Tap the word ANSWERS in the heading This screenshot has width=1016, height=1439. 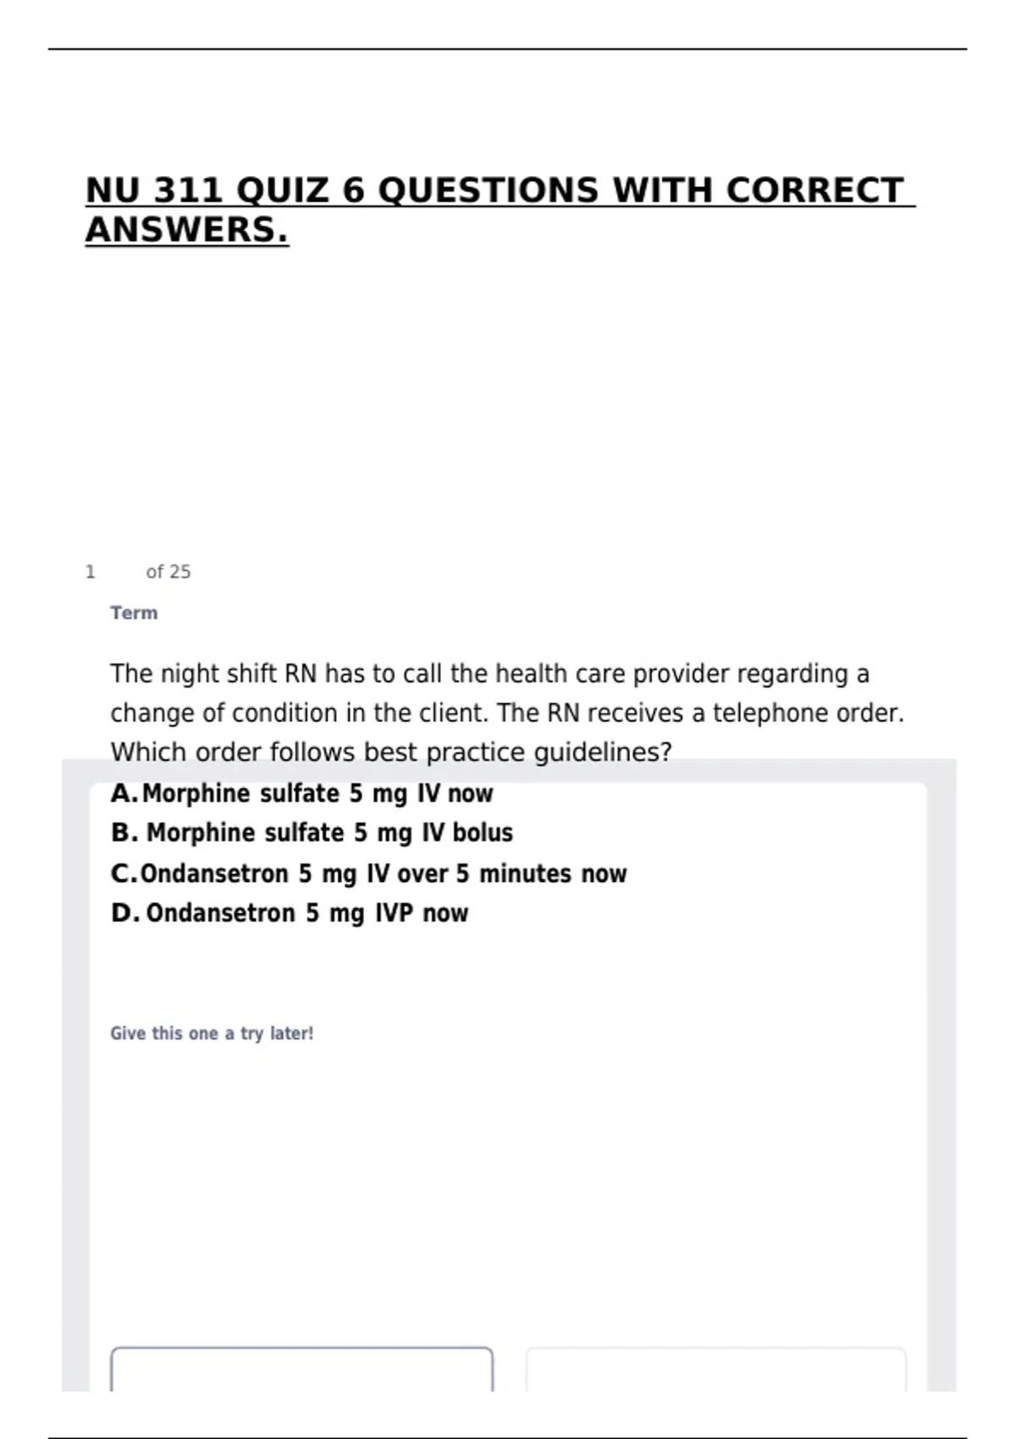tap(186, 229)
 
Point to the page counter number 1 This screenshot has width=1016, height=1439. tap(91, 572)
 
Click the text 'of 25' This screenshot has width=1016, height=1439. tap(168, 572)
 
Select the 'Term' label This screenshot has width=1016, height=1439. tap(134, 613)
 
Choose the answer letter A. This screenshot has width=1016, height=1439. tap(123, 794)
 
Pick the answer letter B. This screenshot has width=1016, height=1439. tap(123, 833)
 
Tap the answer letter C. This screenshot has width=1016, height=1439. tap(123, 874)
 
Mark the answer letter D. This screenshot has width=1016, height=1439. tap(124, 913)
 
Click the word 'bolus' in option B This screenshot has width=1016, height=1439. tap(483, 833)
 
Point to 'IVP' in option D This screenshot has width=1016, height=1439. tap(394, 913)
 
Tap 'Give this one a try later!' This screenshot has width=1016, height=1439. tap(212, 1034)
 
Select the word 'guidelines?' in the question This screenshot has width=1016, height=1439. tap(602, 753)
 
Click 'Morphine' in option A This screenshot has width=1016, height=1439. tap(196, 794)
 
